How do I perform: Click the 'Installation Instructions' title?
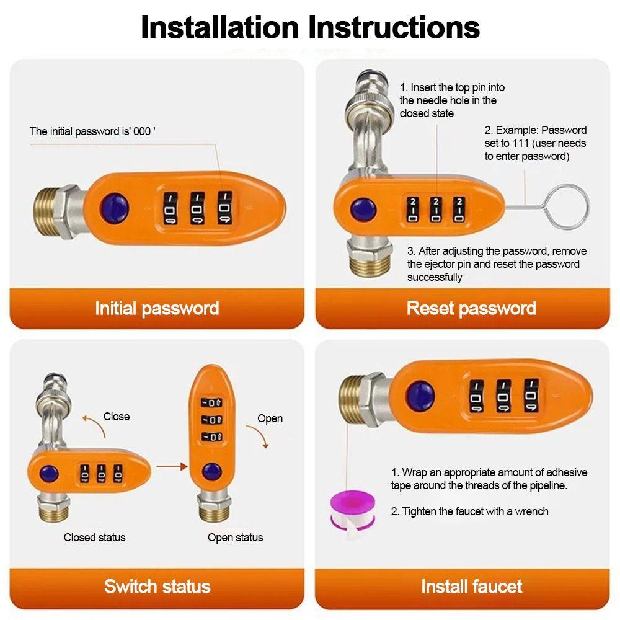coord(310,28)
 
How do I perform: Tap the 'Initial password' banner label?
coord(157,308)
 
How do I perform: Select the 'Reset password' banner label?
coord(471,308)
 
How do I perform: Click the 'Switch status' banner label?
coord(157,587)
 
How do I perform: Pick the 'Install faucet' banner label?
coord(471,587)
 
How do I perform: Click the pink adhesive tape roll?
coord(352,510)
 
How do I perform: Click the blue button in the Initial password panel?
coord(115,208)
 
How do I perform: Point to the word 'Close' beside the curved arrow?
coord(117,417)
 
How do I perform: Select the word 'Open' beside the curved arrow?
coord(270,418)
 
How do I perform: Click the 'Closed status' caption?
coord(94,538)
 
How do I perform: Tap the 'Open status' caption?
coord(235,538)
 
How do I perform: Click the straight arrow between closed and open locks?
coord(172,467)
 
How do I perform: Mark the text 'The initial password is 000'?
coord(92,131)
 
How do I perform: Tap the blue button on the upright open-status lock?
coord(212,472)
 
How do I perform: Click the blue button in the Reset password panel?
coord(363,210)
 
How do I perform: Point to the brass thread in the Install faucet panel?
coord(351,399)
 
